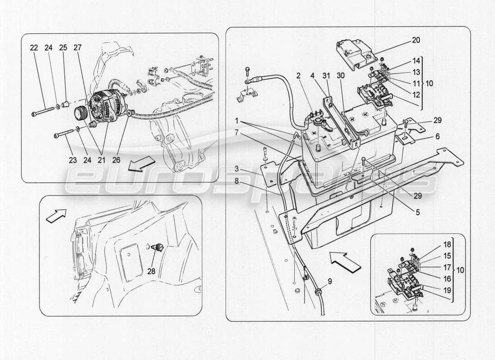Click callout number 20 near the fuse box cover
click(416, 40)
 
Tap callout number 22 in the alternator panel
click(34, 48)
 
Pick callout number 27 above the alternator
click(77, 48)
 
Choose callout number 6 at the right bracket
click(437, 136)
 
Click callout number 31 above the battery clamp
click(326, 76)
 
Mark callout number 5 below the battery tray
click(418, 212)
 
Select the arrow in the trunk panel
click(56, 216)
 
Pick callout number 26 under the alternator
click(116, 160)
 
